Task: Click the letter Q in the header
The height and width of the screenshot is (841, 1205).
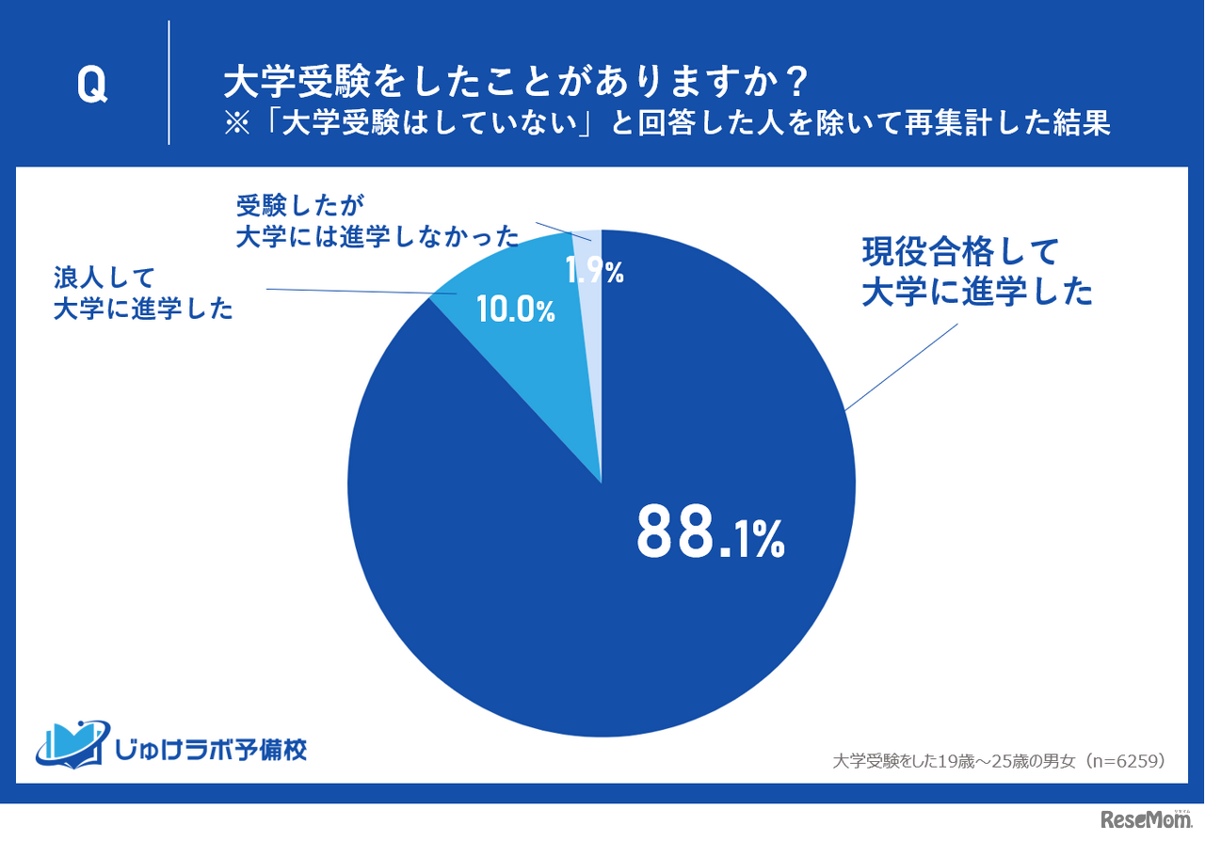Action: click(91, 86)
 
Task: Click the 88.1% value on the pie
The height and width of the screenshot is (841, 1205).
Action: click(710, 532)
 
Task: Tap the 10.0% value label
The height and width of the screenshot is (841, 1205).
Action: click(516, 309)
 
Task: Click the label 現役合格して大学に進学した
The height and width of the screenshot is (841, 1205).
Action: click(976, 272)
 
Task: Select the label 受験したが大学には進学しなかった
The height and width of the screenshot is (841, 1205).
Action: click(377, 220)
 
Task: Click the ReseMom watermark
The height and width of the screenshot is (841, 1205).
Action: click(1143, 819)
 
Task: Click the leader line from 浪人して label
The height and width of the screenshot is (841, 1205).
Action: click(348, 293)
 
